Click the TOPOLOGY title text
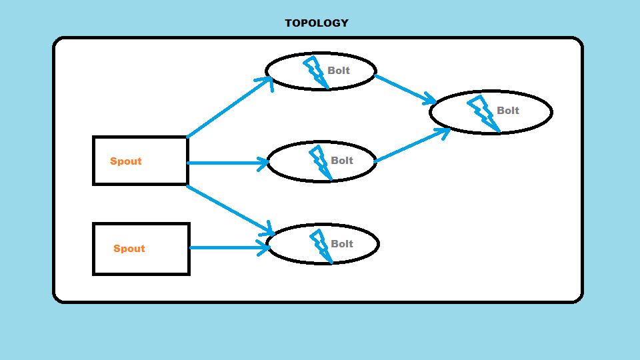point(317,23)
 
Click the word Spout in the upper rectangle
point(126,161)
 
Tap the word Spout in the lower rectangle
point(129,249)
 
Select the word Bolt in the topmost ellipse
point(339,70)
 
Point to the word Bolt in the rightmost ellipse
point(508,110)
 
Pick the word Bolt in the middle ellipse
point(341,161)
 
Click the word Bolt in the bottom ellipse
point(341,244)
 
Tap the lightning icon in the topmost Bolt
point(316,72)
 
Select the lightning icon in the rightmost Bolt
point(484,113)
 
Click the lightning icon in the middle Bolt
point(321,162)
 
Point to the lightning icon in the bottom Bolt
point(321,246)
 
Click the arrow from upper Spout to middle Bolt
point(228,163)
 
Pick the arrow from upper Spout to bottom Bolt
point(230,210)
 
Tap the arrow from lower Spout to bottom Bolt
point(230,247)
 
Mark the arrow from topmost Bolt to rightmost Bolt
point(405,89)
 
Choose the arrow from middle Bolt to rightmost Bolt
point(412,145)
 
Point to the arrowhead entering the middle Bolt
point(263,163)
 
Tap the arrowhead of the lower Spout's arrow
point(264,248)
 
